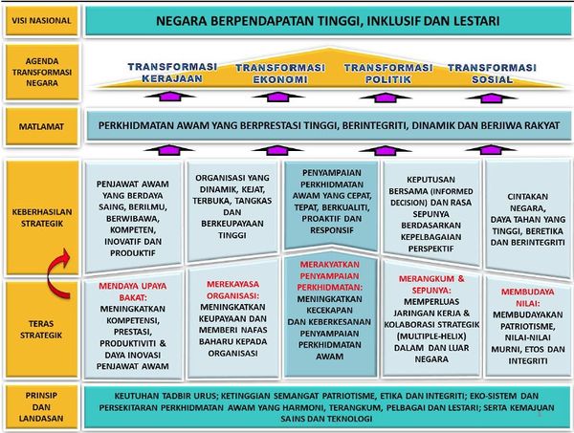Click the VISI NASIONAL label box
click(x=41, y=21)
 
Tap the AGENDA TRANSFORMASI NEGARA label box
click(x=42, y=72)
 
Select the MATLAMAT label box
click(x=41, y=126)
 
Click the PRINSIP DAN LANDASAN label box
click(x=41, y=406)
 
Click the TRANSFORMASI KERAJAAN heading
click(x=172, y=73)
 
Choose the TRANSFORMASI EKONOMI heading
click(x=280, y=74)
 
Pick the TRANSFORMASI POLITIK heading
click(x=388, y=74)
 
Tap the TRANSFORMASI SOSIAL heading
click(x=492, y=74)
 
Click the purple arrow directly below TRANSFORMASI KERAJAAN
click(x=170, y=97)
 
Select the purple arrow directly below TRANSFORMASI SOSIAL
click(x=491, y=97)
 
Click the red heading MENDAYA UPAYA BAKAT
click(x=133, y=292)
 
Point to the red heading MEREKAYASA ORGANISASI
click(x=232, y=290)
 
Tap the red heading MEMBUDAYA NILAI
click(x=527, y=297)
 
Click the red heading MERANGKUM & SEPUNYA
click(x=431, y=284)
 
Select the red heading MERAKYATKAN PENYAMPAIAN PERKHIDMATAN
click(x=329, y=275)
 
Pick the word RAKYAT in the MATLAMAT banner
click(x=541, y=125)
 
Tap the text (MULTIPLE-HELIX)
click(x=431, y=336)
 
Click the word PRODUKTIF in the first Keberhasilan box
click(x=133, y=252)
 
